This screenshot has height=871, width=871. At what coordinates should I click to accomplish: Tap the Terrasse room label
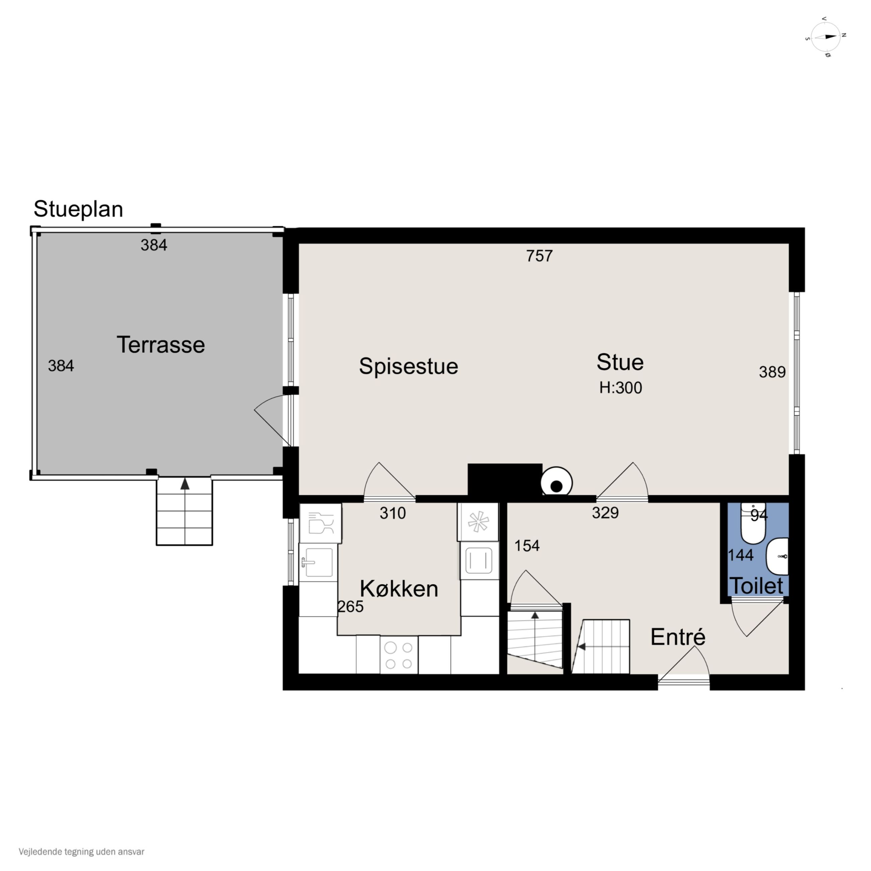161,345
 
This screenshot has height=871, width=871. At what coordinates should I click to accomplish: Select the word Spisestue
408,366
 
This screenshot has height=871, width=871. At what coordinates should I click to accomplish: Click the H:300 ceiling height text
621,388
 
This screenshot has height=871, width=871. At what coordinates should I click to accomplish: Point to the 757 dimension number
539,256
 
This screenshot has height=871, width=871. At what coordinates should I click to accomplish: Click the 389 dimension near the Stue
772,372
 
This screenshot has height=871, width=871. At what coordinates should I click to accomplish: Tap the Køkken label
399,589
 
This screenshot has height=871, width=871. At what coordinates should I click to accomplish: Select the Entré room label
678,637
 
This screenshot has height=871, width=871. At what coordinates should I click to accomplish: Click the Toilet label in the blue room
756,586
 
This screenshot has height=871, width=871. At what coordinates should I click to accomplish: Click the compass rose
825,37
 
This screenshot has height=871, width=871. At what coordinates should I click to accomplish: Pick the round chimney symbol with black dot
557,482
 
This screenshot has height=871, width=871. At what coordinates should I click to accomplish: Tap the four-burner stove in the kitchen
399,655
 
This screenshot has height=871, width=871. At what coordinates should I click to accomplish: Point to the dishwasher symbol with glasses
321,523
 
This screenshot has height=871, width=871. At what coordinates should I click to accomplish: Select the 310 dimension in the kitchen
393,513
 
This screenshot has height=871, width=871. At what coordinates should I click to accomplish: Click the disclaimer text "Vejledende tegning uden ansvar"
82,852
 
